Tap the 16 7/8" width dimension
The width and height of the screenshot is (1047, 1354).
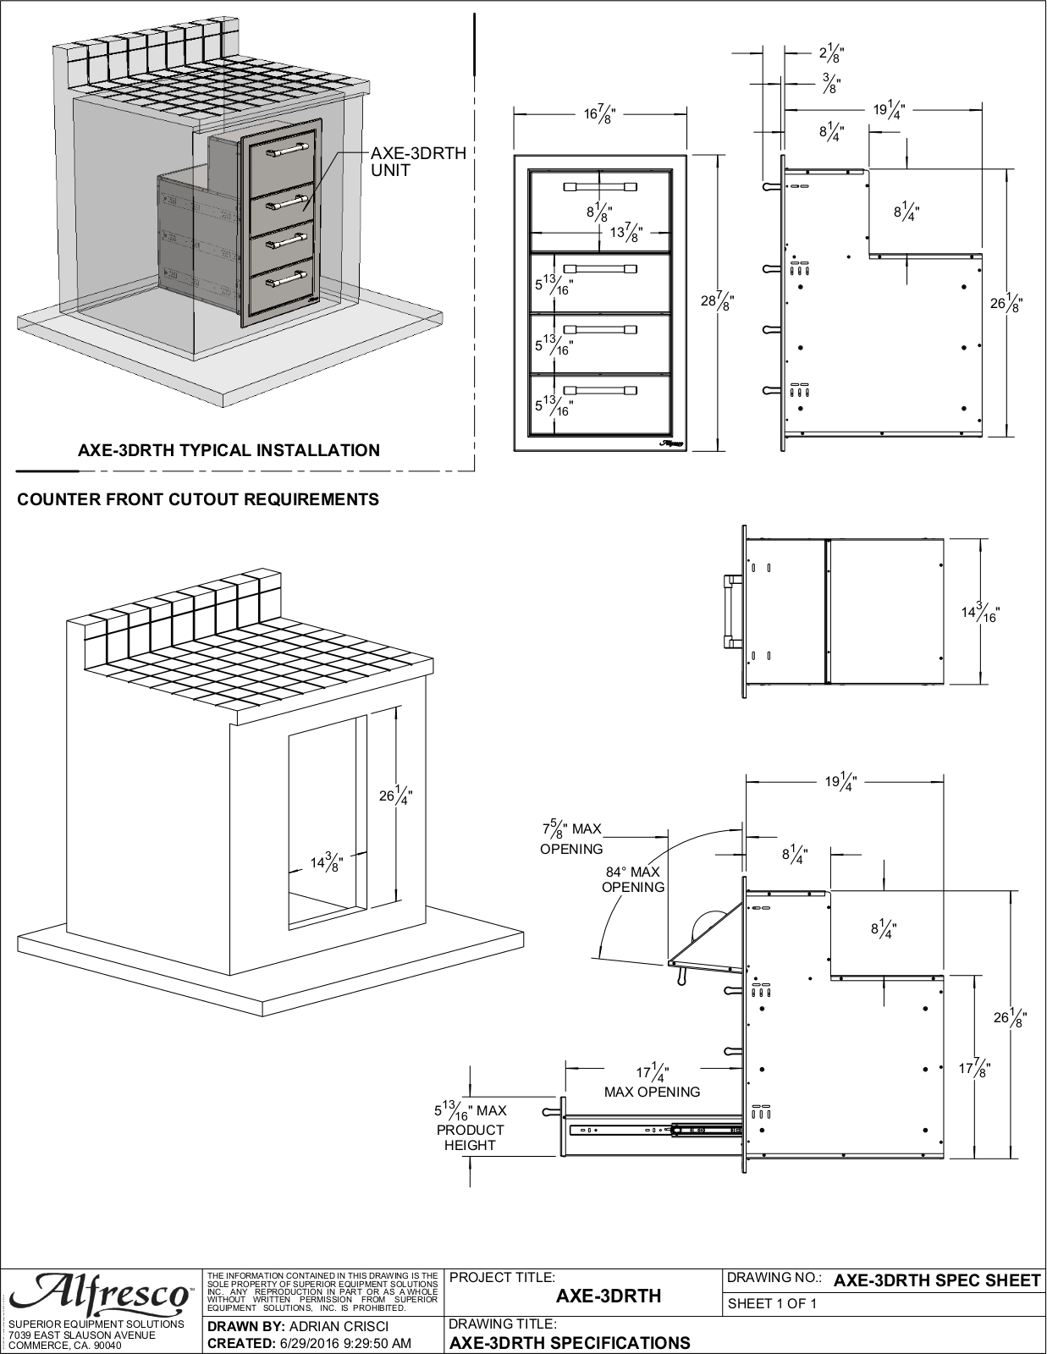(599, 114)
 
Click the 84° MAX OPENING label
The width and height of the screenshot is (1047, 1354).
(632, 880)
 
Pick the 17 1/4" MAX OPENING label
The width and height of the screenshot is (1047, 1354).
(652, 1082)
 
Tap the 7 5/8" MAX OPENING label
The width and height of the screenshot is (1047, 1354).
(571, 838)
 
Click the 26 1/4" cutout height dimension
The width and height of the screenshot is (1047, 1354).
(396, 796)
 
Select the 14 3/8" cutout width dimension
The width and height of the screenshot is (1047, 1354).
(328, 863)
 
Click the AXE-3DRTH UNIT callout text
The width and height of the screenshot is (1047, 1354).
(418, 162)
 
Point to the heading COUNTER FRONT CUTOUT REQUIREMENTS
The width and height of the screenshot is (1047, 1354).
(198, 500)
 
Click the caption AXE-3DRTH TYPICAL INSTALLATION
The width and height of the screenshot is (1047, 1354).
(229, 450)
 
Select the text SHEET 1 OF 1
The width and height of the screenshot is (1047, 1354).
(772, 1303)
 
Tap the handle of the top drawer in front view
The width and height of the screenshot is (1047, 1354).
(600, 186)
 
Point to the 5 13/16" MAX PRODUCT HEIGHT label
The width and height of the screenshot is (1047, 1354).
(471, 1128)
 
